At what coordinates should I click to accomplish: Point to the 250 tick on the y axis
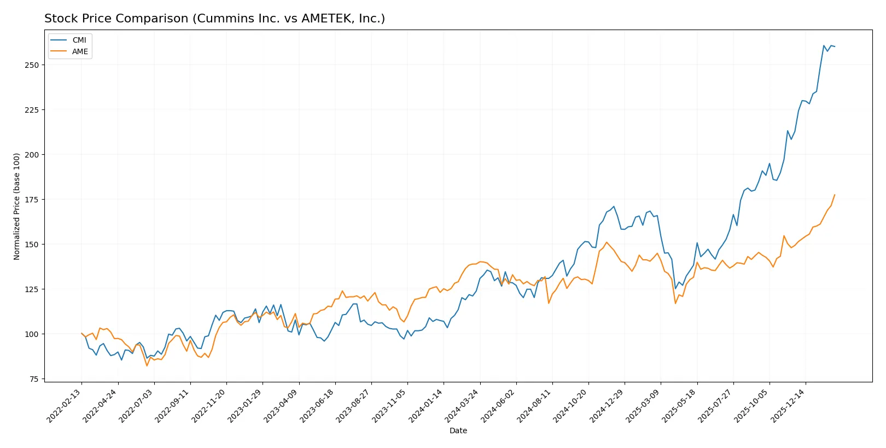[32, 65]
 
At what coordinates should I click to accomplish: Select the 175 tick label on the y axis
[32, 200]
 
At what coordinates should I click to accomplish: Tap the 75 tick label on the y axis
[33, 379]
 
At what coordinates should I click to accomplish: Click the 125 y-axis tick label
[32, 289]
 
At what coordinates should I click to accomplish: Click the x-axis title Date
[458, 430]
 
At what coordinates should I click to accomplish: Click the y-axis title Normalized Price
[16, 206]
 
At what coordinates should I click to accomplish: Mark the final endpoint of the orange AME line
[835, 195]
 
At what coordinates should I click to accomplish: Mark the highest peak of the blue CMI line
[824, 45]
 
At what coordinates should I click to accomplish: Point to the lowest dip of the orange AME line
[147, 365]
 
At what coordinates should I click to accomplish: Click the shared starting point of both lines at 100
[81, 333]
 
